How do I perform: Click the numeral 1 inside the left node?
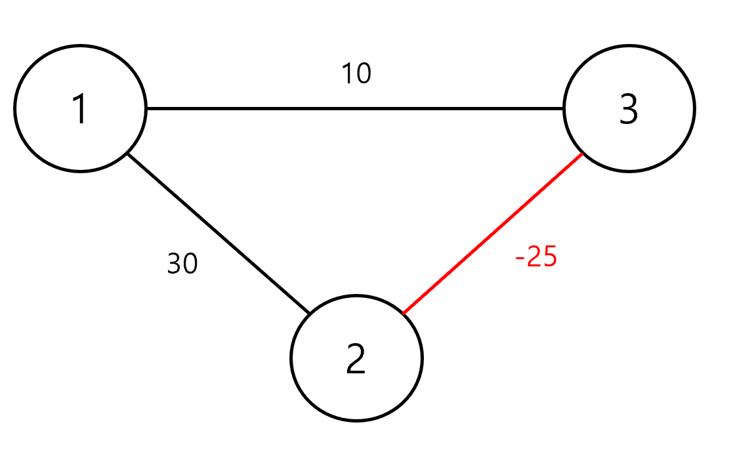click(x=79, y=109)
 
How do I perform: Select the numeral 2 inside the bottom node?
click(x=356, y=360)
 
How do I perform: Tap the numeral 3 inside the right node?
click(x=628, y=110)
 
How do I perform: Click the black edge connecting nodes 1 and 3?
click(x=354, y=108)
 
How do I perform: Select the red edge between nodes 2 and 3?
click(x=492, y=234)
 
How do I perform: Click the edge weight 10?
click(x=356, y=74)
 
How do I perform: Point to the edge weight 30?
click(x=182, y=264)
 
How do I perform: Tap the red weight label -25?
click(x=536, y=257)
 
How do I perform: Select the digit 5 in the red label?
click(x=549, y=257)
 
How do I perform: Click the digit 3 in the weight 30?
click(x=174, y=264)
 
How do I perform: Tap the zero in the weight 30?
click(x=190, y=264)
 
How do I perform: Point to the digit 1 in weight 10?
click(x=348, y=74)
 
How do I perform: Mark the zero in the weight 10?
click(x=364, y=74)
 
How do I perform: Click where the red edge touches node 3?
click(x=583, y=154)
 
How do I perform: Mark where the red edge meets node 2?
click(x=403, y=314)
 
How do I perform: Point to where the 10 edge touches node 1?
click(x=146, y=108)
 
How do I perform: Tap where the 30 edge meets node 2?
click(x=308, y=313)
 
